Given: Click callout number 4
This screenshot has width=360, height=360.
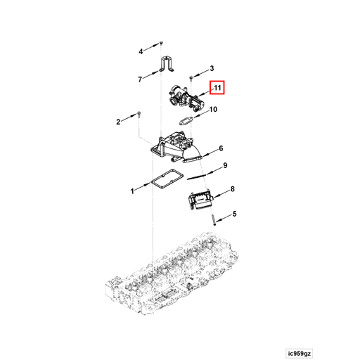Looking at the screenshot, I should click(x=140, y=51).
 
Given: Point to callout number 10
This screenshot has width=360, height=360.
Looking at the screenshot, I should click(x=214, y=109).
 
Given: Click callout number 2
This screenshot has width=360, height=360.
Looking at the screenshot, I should click(x=118, y=122).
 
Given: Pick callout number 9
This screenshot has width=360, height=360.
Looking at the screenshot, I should click(x=226, y=166).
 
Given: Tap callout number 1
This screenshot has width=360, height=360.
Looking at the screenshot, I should click(x=131, y=191).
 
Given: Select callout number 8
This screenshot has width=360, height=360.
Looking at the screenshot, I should click(x=233, y=189).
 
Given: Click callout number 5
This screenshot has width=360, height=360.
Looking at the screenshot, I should click(x=234, y=214).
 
